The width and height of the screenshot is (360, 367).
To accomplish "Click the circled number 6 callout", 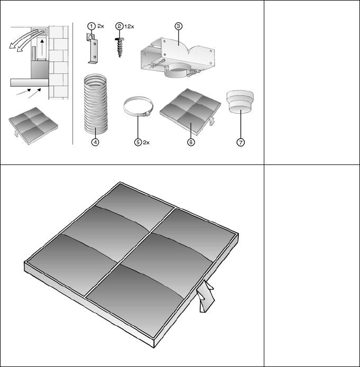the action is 191,142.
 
